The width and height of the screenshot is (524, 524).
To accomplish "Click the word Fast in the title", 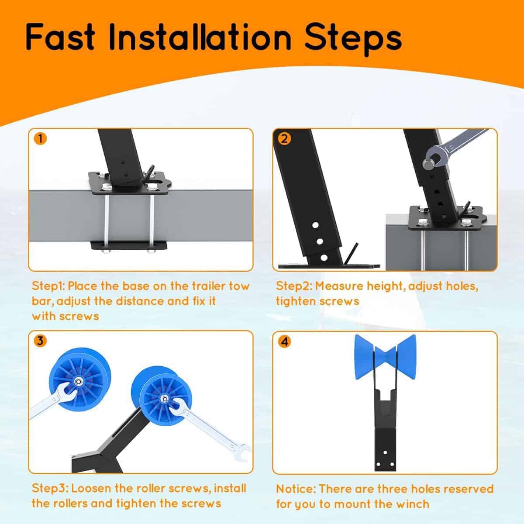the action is coord(60,37).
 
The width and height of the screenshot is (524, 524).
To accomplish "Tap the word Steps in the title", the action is coord(353,39).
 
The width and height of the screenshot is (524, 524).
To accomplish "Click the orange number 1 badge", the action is coord(40,139).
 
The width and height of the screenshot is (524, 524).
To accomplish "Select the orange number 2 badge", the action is coord(284,139).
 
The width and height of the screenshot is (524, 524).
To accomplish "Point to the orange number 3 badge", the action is coord(40,341).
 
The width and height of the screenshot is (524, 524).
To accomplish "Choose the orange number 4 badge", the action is coord(284,341).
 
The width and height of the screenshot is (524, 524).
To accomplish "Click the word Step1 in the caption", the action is coord(48,286).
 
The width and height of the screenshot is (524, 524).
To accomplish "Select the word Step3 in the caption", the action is coord(49,489).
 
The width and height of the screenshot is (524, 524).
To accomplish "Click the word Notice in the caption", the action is coord(296,489).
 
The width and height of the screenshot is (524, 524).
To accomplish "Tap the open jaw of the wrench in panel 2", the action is coord(433,158).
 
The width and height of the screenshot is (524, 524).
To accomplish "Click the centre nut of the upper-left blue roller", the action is coord(78,382).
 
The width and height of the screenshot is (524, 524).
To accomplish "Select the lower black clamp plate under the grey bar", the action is coord(129,246).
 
